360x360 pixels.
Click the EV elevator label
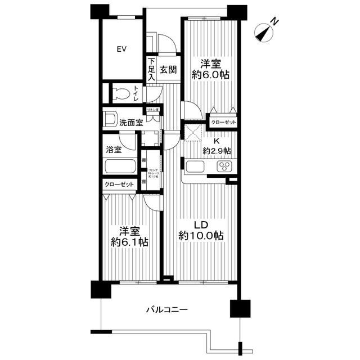tap(121, 49)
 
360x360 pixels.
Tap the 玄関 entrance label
tap(168, 70)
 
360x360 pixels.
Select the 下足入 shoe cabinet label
tap(151, 70)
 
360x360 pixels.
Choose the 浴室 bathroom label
tap(114, 150)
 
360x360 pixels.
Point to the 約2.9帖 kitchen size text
tap(217, 151)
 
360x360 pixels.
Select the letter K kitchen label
tap(217, 141)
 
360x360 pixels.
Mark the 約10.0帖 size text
tap(201, 236)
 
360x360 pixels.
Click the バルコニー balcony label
tap(166, 309)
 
